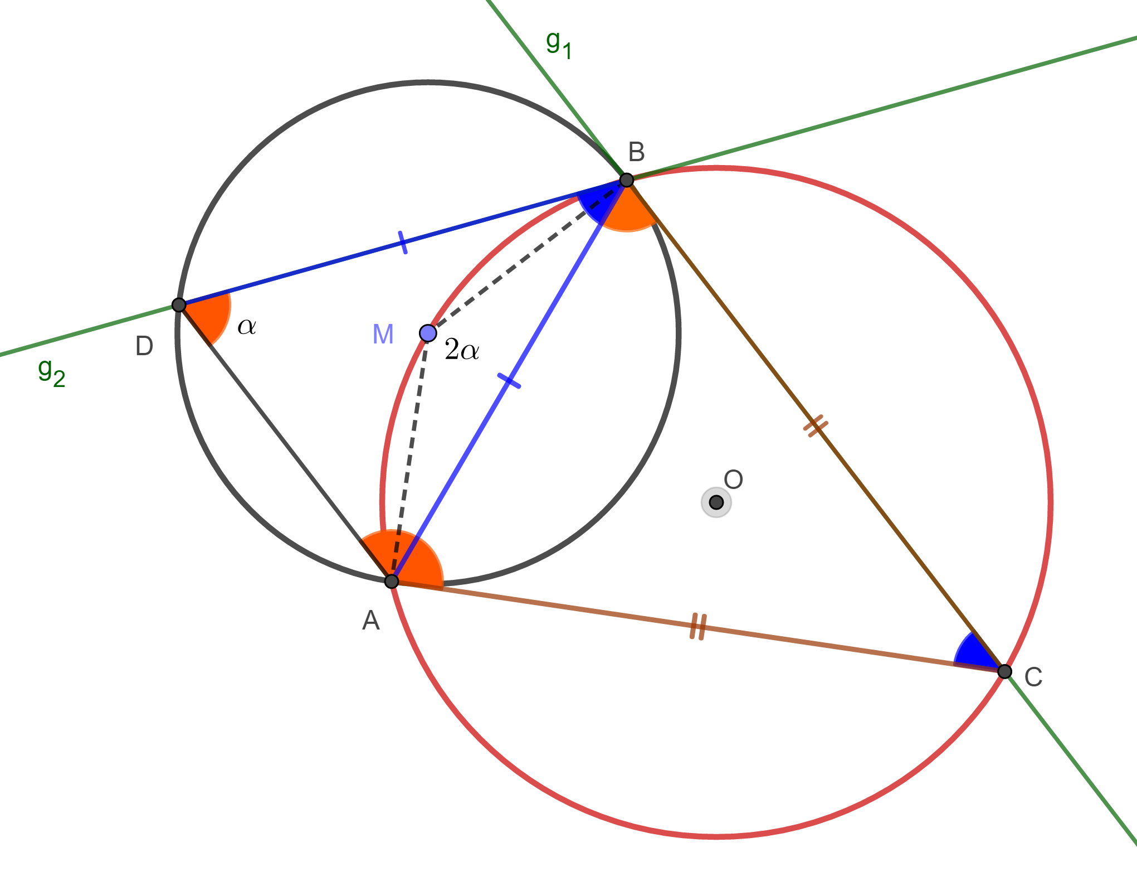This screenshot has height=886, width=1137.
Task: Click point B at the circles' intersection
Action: (627, 180)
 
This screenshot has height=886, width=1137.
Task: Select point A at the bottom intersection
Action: (392, 581)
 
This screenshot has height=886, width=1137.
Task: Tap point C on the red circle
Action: (1004, 671)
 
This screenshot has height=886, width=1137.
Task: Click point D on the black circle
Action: (179, 305)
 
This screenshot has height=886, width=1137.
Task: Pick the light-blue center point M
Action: (428, 333)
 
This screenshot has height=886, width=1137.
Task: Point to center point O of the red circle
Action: (716, 502)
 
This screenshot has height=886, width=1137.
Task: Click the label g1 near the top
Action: (558, 45)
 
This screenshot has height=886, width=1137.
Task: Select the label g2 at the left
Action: (51, 372)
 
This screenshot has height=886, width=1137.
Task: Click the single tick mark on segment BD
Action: (403, 242)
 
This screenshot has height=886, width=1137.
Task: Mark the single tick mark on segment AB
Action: (509, 381)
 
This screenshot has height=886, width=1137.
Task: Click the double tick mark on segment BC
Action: (816, 427)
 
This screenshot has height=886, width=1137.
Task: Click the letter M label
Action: (383, 335)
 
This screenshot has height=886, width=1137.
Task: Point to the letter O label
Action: (733, 480)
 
